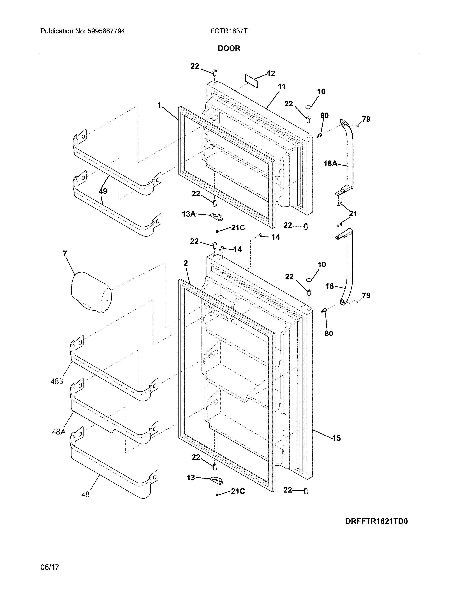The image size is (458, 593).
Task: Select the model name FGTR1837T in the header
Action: coord(229,31)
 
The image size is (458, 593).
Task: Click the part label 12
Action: coord(271,73)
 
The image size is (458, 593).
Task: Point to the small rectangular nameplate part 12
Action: coord(251,81)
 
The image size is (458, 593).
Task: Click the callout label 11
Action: coord(282,87)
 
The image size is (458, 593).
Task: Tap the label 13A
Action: coord(189,214)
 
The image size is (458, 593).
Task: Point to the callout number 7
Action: coord(65,254)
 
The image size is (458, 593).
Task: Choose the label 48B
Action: coord(57,381)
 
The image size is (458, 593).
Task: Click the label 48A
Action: coord(59,432)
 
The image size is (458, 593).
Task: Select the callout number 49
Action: coord(103,191)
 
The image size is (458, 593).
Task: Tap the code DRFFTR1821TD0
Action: coord(376,522)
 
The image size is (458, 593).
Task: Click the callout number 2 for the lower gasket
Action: coord(186,263)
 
